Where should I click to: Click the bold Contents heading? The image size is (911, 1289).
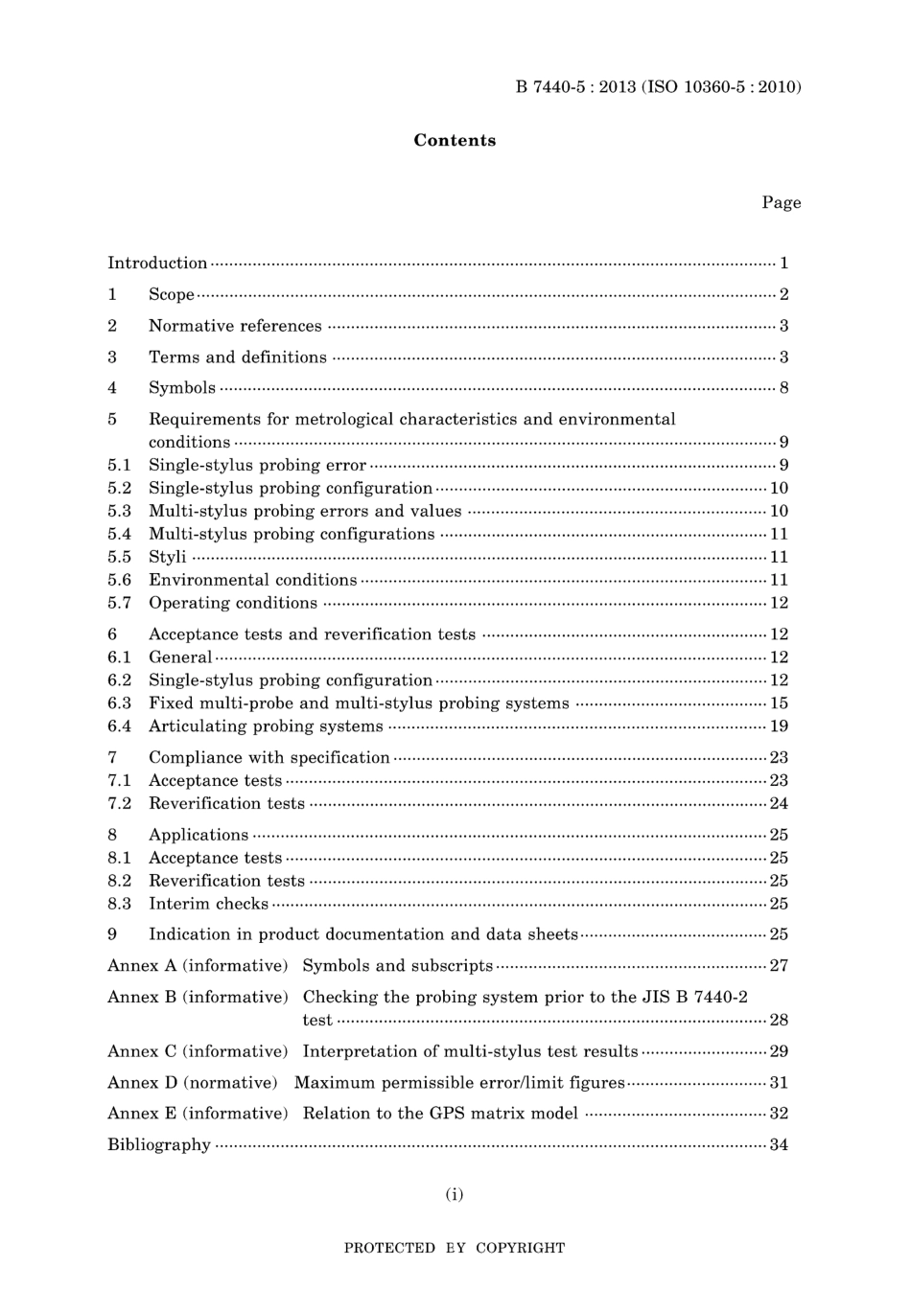(x=455, y=140)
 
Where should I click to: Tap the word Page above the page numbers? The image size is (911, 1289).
(x=781, y=202)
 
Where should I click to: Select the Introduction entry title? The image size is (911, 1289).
(x=157, y=263)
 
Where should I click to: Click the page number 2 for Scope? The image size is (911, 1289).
(x=783, y=294)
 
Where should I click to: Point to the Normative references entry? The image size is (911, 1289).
(x=235, y=326)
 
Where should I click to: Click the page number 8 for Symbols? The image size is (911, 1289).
(x=783, y=388)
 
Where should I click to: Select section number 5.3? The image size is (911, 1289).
(x=119, y=511)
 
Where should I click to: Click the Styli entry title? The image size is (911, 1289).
(x=168, y=557)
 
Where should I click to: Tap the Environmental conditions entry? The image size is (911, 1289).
(x=252, y=580)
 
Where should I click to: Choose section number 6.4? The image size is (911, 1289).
(x=119, y=726)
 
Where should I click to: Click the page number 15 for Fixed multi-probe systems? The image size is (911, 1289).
(x=779, y=703)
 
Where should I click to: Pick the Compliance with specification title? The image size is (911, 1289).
(x=269, y=757)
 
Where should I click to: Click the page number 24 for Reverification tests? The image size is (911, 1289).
(x=779, y=803)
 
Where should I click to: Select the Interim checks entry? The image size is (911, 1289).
(x=208, y=904)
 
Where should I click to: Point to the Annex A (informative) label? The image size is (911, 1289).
(x=198, y=965)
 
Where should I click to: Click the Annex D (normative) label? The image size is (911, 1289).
(x=193, y=1082)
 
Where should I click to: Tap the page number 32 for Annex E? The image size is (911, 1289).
(x=779, y=1114)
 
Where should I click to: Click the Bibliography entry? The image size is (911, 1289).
(x=159, y=1144)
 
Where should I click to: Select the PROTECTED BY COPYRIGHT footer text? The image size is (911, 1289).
(x=455, y=1248)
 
